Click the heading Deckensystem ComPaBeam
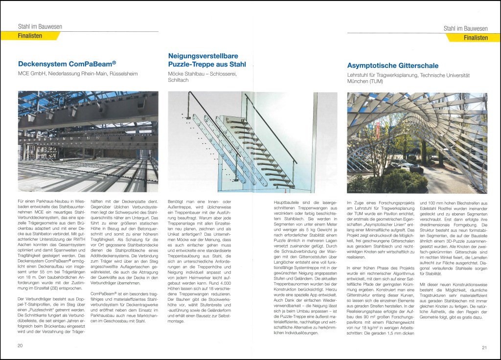pyautogui.click(x=67, y=64)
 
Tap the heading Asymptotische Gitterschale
pyautogui.click(x=392, y=65)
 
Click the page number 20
pyautogui.click(x=20, y=346)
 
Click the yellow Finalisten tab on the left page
pyautogui.click(x=30, y=36)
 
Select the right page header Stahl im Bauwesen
pyautogui.click(x=465, y=29)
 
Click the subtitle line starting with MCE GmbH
pyautogui.click(x=78, y=74)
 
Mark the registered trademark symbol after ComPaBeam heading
pyautogui.click(x=114, y=62)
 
